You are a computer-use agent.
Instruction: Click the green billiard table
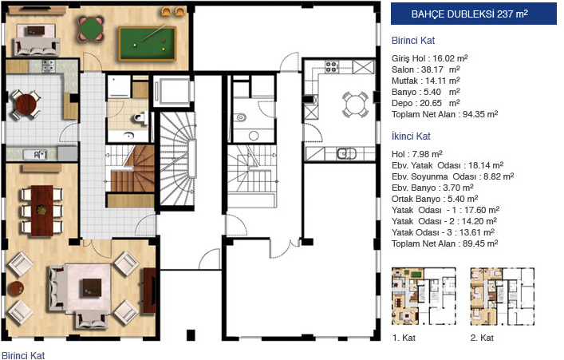pos(147,44)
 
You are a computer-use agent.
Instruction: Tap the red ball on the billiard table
pos(164,41)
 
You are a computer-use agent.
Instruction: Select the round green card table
pos(91,28)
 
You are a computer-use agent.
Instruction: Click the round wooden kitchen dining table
pos(26,105)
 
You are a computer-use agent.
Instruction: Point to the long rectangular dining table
pos(41,211)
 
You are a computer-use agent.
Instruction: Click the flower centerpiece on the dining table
pos(41,210)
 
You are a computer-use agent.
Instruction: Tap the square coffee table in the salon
pos(92,287)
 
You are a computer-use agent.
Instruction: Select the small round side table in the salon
pos(16,288)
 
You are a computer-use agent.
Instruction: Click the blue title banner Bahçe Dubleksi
pos(474,14)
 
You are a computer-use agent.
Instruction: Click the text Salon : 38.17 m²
pos(426,69)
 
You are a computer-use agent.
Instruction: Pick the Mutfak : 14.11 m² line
pos(426,81)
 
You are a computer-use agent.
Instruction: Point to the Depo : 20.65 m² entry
pos(426,103)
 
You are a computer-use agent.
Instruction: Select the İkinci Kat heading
pos(411,136)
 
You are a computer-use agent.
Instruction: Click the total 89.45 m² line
pos(445,243)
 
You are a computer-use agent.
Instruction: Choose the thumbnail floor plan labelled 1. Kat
pos(424,296)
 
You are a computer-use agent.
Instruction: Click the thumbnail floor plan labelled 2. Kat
pos(502,296)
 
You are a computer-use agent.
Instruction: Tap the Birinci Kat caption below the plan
pos(23,356)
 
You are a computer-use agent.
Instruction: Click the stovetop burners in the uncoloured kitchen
pos(332,66)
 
